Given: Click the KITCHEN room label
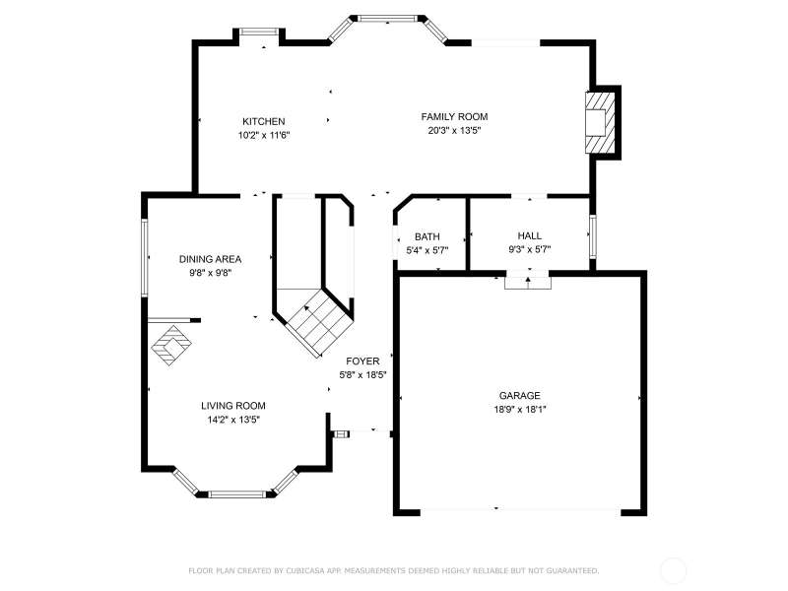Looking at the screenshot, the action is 263,121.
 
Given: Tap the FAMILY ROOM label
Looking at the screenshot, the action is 454,116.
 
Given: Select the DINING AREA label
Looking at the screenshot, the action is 210,259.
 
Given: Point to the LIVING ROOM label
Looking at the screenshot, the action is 233,406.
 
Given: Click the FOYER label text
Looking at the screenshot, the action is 362,361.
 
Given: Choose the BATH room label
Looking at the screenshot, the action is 427,236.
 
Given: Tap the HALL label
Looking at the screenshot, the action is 530,235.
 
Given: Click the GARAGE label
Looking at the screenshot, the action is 520,396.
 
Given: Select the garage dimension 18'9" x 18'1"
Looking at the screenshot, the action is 520,409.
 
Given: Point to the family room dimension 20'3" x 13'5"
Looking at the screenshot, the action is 454,131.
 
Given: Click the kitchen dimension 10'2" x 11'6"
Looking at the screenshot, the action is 264,135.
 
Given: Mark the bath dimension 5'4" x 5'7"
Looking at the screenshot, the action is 427,250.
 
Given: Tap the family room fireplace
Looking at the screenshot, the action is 600,122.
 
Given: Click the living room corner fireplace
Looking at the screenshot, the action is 171,345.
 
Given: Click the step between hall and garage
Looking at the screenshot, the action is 528,282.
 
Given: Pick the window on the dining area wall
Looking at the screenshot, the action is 145,257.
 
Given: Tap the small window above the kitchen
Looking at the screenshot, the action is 259,32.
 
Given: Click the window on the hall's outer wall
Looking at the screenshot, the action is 593,236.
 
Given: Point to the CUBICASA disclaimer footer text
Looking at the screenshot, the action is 393,571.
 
